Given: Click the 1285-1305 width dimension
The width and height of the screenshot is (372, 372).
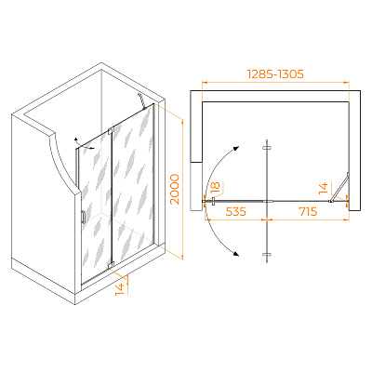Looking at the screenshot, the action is click(x=275, y=74).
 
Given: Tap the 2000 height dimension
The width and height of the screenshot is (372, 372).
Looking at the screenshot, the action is click(x=175, y=189).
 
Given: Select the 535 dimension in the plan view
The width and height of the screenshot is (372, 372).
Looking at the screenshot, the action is click(x=235, y=211).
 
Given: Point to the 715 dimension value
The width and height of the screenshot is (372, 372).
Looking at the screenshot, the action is click(x=308, y=211).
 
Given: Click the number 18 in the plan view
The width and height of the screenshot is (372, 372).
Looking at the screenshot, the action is click(x=215, y=187).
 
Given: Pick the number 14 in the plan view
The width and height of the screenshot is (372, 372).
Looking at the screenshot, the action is click(x=323, y=189).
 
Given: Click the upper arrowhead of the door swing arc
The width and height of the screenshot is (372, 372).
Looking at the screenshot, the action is click(x=237, y=148).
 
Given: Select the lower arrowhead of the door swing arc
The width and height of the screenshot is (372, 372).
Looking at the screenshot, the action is click(x=236, y=254).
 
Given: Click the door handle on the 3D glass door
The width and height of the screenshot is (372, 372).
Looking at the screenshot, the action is click(x=83, y=217).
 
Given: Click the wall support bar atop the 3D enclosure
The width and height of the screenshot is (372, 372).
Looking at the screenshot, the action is click(x=141, y=100).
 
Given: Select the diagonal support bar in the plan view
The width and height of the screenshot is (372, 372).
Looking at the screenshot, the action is click(x=339, y=187).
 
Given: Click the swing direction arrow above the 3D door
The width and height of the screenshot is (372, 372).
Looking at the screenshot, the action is click(x=85, y=144).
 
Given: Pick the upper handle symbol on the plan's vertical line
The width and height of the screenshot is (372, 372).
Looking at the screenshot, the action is click(x=267, y=148).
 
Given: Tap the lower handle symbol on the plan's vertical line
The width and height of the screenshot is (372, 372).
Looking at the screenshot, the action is click(x=267, y=255).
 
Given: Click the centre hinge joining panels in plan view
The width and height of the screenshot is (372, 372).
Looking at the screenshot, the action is click(x=268, y=201).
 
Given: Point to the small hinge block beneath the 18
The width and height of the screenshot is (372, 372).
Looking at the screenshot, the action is click(x=213, y=201).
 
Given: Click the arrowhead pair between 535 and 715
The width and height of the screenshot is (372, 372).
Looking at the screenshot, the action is click(x=267, y=219).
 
